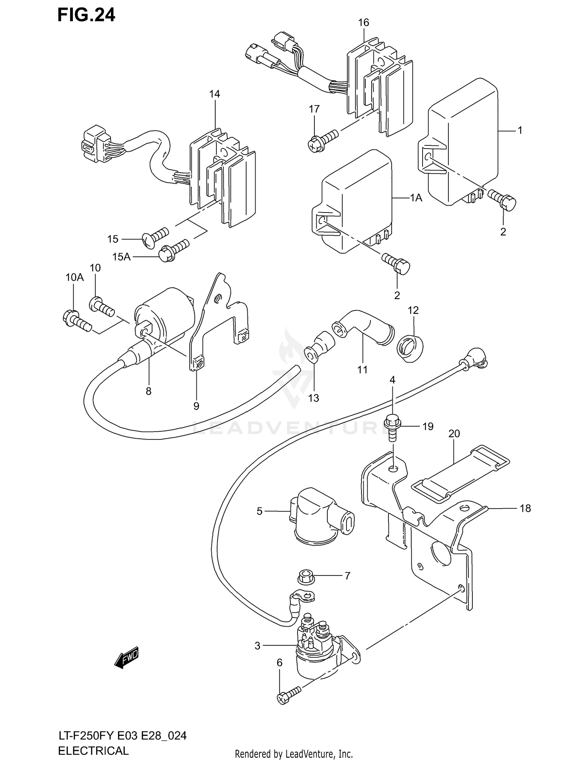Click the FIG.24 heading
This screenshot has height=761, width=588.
coord(86,15)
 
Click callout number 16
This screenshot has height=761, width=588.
coord(363,23)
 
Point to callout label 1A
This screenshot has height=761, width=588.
coord(416,198)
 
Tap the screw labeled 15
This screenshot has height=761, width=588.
coord(156,237)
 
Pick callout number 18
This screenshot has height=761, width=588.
coord(525,509)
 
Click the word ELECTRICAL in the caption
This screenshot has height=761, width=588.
coord(93,751)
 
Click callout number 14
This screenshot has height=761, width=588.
coord(214,94)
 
